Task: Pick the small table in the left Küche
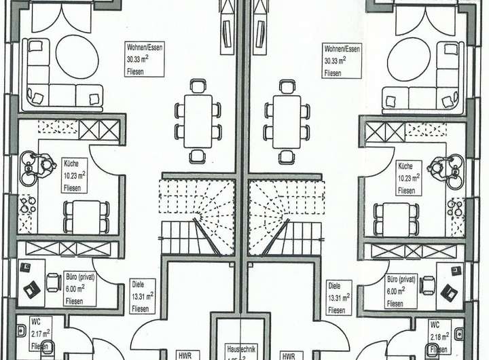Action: pyautogui.click(x=86, y=216)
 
